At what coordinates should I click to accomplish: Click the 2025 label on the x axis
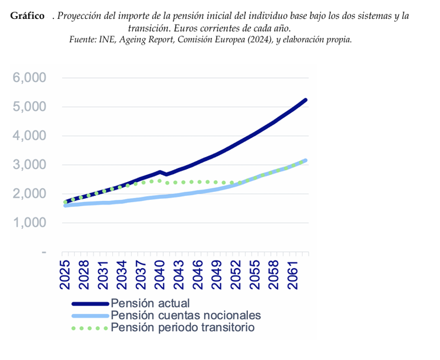[65, 275]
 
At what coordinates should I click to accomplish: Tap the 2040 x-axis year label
[160, 275]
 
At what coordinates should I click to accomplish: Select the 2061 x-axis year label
[292, 275]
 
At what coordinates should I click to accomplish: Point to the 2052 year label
[235, 275]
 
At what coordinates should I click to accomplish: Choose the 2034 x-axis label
[122, 275]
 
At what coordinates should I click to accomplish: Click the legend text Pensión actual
[150, 303]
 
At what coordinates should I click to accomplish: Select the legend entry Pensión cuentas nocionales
[186, 315]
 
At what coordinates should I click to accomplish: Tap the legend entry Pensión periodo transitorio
[183, 328]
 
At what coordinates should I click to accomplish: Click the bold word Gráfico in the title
[27, 16]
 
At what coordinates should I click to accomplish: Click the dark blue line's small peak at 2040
[160, 172]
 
